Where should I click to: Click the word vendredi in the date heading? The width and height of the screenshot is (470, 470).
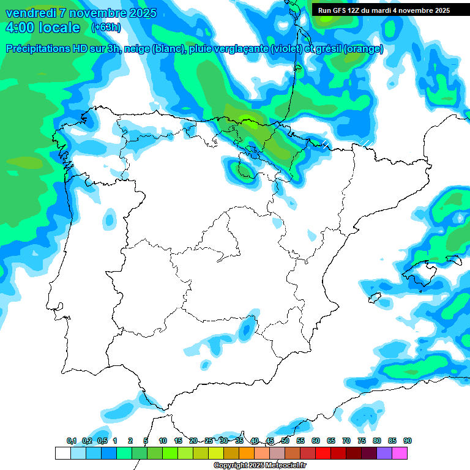click(x=31, y=13)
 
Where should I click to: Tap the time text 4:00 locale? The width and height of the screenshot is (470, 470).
click(x=43, y=28)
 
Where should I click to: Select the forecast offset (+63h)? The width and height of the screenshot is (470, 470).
click(x=106, y=28)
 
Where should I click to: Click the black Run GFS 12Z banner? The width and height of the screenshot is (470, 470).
click(x=384, y=10)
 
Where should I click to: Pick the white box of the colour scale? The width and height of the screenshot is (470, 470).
click(x=62, y=453)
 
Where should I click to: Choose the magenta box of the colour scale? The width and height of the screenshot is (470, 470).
click(x=399, y=453)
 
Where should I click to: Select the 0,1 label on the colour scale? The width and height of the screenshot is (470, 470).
click(x=72, y=441)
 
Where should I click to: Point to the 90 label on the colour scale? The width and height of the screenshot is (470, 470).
click(x=407, y=441)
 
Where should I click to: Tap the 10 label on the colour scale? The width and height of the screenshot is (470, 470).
click(x=163, y=441)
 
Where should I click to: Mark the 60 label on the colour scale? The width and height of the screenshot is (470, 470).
click(x=316, y=441)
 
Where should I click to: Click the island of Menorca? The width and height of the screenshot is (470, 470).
click(x=454, y=260)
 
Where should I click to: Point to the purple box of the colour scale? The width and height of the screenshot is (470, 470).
click(x=384, y=453)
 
